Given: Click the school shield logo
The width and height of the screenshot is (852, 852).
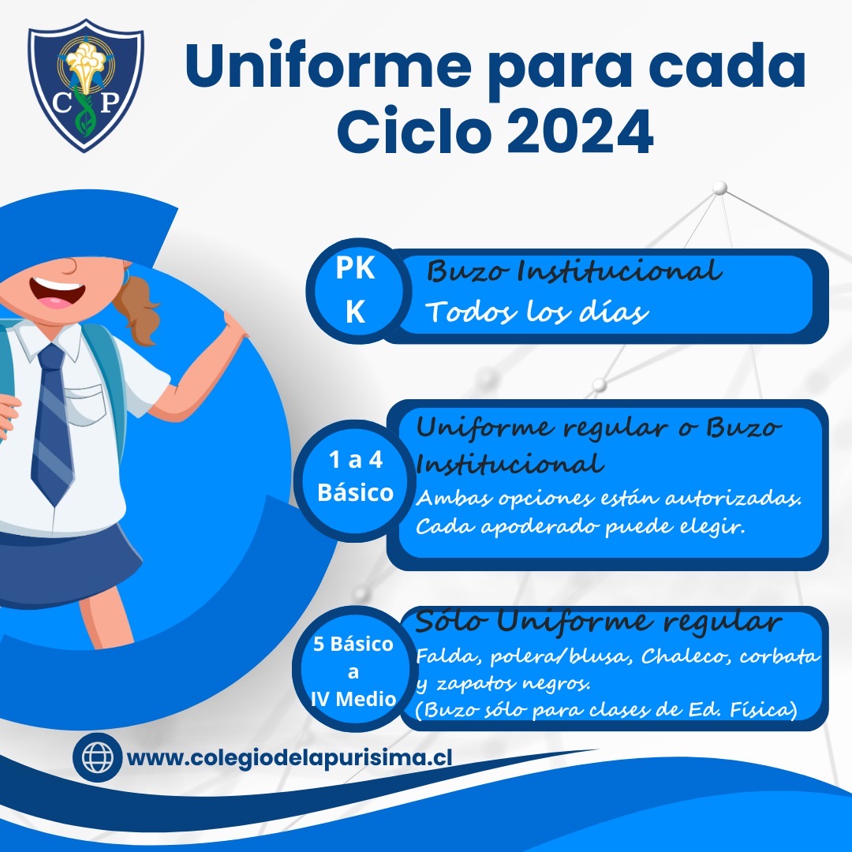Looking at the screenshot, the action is pyautogui.click(x=86, y=85).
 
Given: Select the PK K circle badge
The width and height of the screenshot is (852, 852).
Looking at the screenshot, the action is pyautogui.click(x=355, y=290).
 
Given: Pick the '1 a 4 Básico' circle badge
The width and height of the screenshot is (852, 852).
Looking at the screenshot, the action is pyautogui.click(x=355, y=477).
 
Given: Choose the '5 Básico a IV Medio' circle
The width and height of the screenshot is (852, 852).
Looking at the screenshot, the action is pyautogui.click(x=353, y=671).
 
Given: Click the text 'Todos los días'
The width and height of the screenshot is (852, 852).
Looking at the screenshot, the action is pyautogui.click(x=537, y=312).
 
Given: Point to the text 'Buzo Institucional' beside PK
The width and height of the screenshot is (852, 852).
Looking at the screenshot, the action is pyautogui.click(x=574, y=271).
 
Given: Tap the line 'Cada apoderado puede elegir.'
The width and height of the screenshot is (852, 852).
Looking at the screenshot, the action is pyautogui.click(x=581, y=527).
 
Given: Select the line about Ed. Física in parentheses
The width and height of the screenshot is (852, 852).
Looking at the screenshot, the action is pyautogui.click(x=607, y=710).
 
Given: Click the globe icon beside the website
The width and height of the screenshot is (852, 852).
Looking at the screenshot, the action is pyautogui.click(x=98, y=757).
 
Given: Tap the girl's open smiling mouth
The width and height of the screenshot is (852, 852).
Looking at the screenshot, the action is pyautogui.click(x=58, y=293).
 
